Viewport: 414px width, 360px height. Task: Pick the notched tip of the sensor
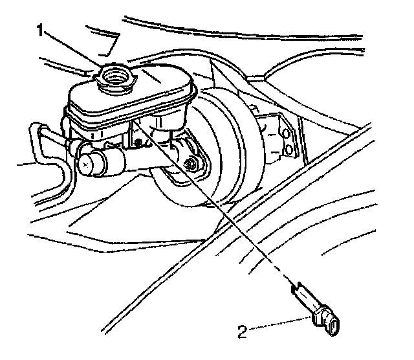pyautogui.click(x=299, y=287)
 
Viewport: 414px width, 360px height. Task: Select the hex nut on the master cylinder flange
pyautogui.click(x=191, y=166)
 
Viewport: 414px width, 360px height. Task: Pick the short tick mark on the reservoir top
pyautogui.click(x=155, y=78)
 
